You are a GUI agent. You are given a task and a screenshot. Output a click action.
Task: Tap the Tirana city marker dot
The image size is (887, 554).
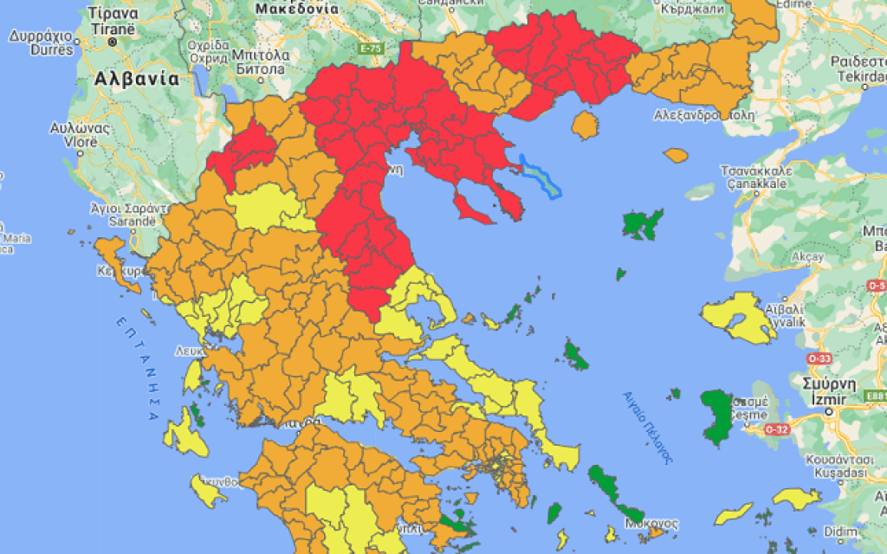[x=112, y=41]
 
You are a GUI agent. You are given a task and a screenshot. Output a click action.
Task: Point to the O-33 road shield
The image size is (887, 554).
[x=818, y=358]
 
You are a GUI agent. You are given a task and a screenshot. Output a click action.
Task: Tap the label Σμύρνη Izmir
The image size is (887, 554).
[x=830, y=390]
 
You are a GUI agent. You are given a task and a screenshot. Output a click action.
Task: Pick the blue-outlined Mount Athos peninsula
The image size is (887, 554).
[x=542, y=176]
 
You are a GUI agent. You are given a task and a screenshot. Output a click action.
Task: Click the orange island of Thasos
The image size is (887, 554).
[x=586, y=126]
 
